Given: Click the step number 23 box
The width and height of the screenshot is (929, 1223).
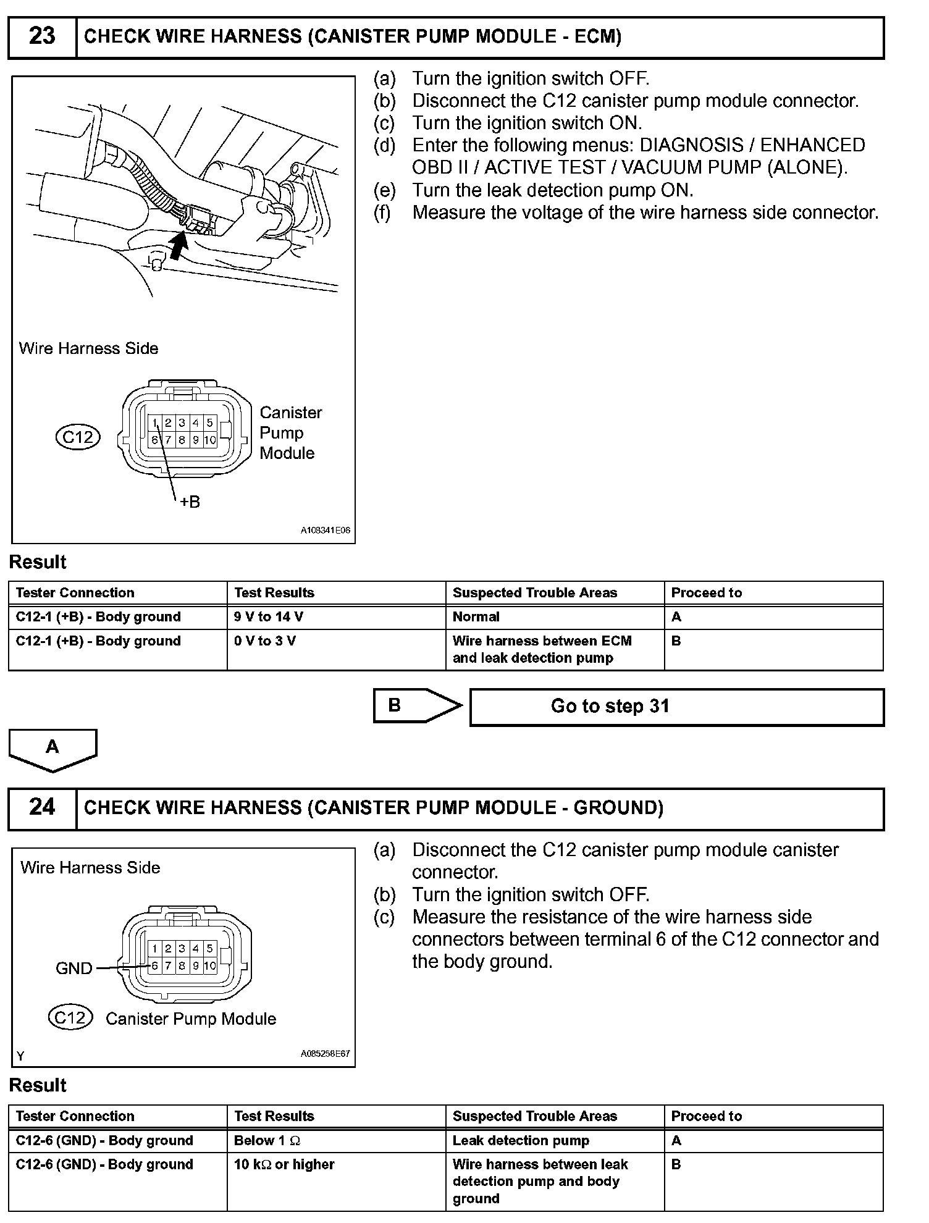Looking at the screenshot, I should [42, 37].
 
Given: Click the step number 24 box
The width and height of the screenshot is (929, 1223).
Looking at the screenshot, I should [42, 808].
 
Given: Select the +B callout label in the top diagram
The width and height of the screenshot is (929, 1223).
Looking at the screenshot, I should [190, 502].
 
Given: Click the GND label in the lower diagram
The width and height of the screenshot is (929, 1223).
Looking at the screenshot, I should [74, 969].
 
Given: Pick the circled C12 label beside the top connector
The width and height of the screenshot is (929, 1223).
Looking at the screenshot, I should [78, 437].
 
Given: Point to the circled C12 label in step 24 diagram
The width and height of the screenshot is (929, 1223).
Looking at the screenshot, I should [70, 1017].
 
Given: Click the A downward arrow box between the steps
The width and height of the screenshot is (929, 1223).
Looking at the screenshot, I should [53, 749].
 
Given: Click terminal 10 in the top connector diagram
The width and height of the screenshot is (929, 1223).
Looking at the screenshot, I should [210, 440].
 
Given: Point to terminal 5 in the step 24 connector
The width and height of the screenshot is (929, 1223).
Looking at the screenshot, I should [210, 948].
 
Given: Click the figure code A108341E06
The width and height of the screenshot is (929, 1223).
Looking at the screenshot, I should [326, 531].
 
